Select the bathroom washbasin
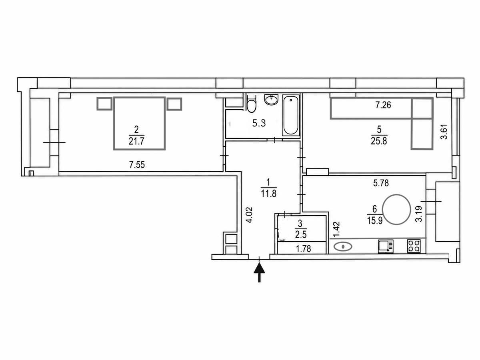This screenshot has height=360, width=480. tap(271, 100)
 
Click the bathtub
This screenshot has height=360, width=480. tap(291, 116)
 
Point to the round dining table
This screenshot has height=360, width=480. tap(396, 209)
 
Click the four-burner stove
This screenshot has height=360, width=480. tap(414, 246)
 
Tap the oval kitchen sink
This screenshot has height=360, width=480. tap(343, 247)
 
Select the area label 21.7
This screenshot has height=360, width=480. tap(136, 141)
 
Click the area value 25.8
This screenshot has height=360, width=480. tap(379, 141)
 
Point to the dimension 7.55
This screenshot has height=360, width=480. tap(137, 164)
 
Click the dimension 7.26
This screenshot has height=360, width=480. tap(383, 105)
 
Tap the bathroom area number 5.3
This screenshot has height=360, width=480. tap(259, 123)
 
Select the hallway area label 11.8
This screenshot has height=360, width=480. tap(269, 194)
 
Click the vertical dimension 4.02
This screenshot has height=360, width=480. tap(249, 215)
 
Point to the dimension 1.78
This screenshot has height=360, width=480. tap(303, 249)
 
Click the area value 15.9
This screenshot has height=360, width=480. tap(375, 220)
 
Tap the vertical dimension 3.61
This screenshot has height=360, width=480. tap(444, 132)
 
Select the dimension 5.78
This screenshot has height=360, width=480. tap(381, 183)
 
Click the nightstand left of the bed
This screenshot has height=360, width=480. tap(104, 104)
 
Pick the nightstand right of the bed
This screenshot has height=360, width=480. tap(174, 104)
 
